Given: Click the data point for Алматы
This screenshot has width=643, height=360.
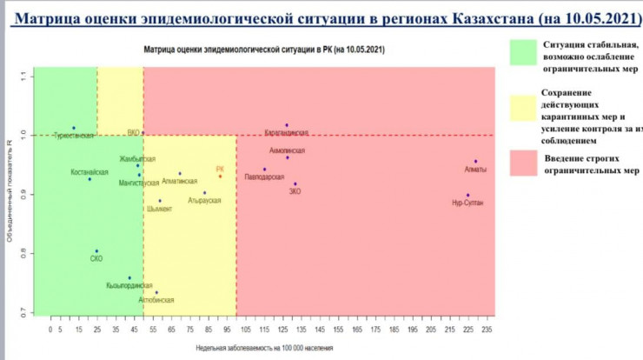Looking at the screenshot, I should (x=475, y=162).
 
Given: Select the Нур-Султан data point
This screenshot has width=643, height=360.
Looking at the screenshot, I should (x=467, y=195).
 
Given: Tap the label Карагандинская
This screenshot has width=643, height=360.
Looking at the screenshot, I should (x=286, y=133).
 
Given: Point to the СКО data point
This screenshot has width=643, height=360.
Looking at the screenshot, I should (x=96, y=251).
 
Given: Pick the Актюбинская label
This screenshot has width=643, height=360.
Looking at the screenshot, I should (x=156, y=300).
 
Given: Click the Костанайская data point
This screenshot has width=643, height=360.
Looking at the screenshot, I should (x=89, y=179).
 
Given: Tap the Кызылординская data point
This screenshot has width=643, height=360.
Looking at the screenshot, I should (x=129, y=278).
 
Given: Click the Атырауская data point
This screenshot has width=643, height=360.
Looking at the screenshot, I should (x=205, y=193).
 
